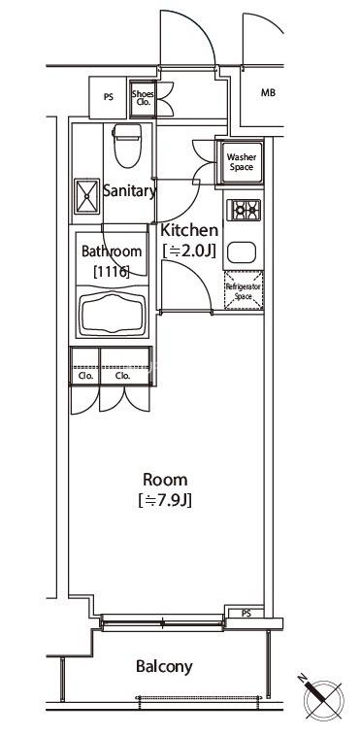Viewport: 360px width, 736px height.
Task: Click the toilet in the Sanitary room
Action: pyautogui.click(x=127, y=145)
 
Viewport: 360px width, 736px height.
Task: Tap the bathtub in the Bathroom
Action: pyautogui.click(x=113, y=314)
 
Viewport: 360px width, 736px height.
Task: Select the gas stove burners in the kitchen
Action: pyautogui.click(x=244, y=210)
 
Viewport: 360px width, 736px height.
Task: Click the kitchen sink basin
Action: pyautogui.click(x=242, y=252)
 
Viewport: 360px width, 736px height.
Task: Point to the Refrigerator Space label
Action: pyautogui.click(x=244, y=291)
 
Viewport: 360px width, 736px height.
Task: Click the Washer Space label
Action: pyautogui.click(x=242, y=162)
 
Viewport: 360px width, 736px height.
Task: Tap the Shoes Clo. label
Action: pyautogui.click(x=143, y=98)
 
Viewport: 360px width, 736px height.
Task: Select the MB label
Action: pyautogui.click(x=268, y=93)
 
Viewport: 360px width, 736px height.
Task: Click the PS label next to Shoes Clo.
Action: pyautogui.click(x=109, y=98)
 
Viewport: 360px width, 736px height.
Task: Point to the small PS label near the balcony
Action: pyautogui.click(x=245, y=613)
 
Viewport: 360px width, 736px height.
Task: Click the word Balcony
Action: pyautogui.click(x=164, y=666)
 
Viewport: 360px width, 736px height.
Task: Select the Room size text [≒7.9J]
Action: pyautogui.click(x=165, y=501)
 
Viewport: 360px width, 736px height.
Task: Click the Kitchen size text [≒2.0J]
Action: pyautogui.click(x=189, y=251)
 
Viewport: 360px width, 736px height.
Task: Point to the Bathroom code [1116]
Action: pyautogui.click(x=112, y=271)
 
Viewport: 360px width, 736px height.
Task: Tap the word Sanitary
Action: pyautogui.click(x=129, y=191)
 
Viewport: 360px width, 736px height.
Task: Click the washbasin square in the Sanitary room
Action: pyautogui.click(x=86, y=196)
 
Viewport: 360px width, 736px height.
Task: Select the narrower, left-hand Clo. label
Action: pyautogui.click(x=85, y=376)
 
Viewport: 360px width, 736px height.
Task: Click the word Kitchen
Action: pyautogui.click(x=189, y=230)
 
